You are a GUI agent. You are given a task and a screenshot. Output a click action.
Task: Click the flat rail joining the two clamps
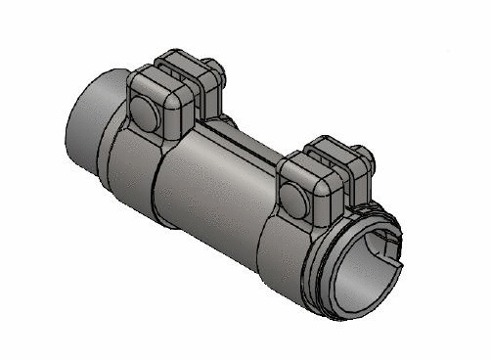point(245,137)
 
